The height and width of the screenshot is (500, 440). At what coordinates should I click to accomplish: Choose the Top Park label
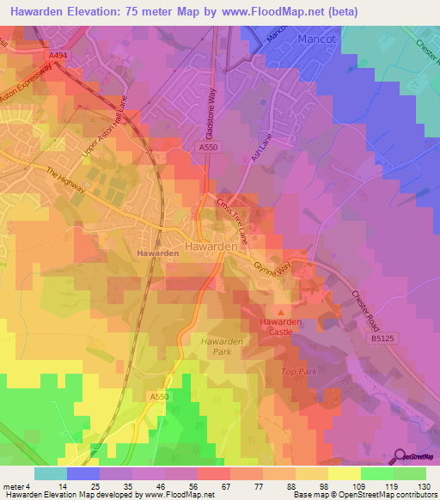tap(299, 371)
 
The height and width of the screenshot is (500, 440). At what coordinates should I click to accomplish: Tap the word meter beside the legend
tap(13, 487)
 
